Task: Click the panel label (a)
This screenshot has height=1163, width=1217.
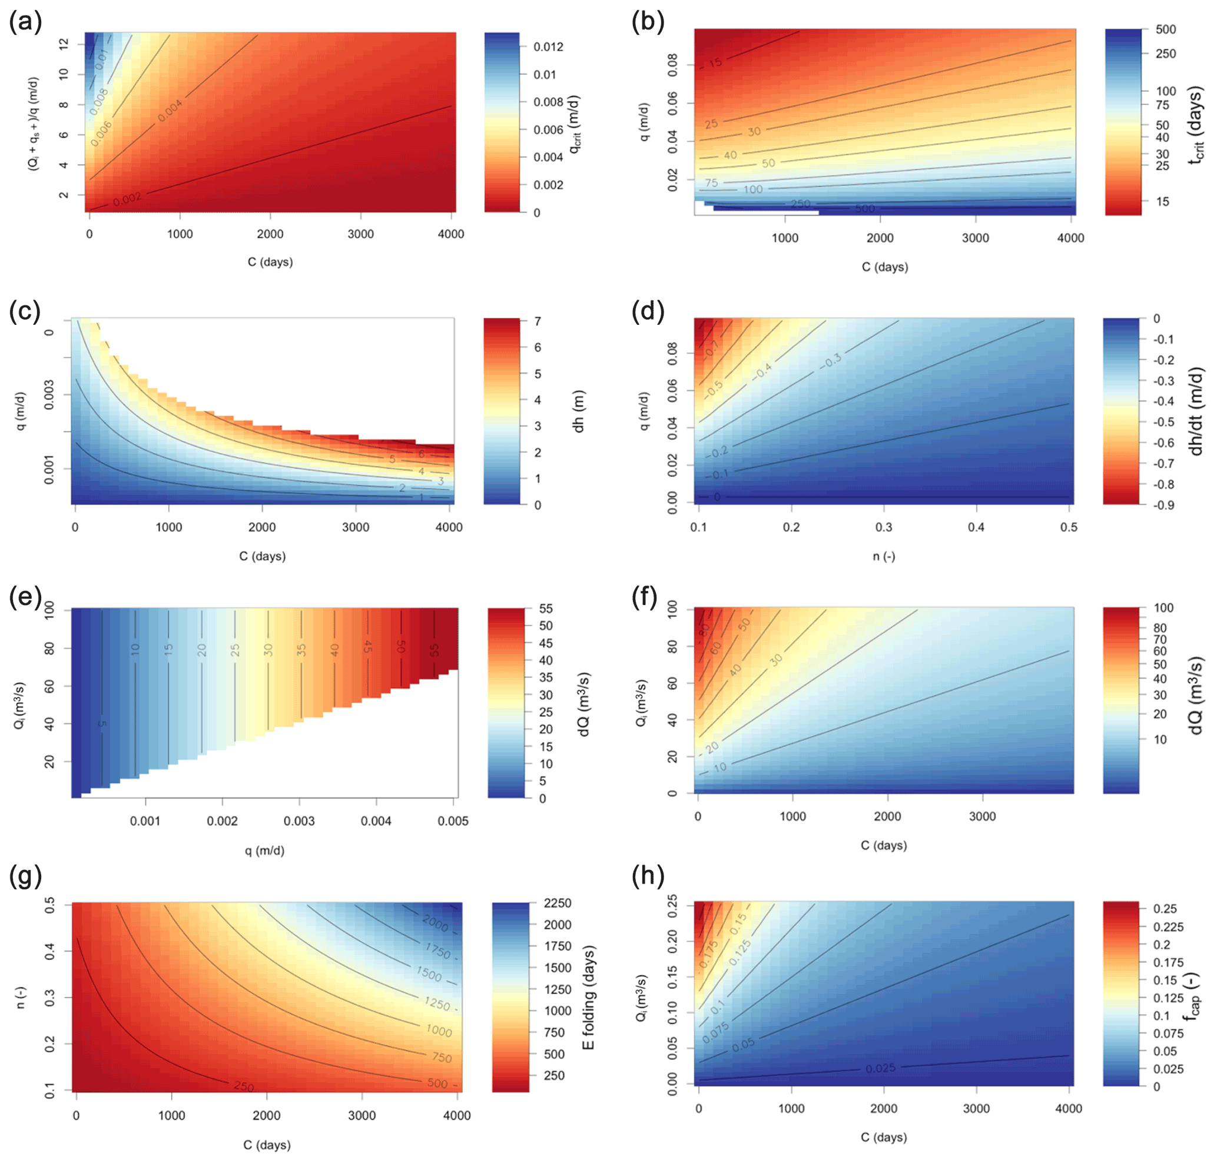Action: (x=25, y=22)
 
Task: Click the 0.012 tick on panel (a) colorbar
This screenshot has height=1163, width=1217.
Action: (x=548, y=47)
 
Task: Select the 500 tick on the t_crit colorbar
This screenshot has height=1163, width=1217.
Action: (x=1166, y=30)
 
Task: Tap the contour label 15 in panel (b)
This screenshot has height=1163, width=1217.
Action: (x=715, y=62)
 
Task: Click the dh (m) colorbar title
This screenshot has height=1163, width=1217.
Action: (x=578, y=411)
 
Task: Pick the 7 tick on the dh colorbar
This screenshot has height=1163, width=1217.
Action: (x=538, y=322)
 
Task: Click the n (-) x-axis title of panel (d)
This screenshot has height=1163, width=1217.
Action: (x=884, y=556)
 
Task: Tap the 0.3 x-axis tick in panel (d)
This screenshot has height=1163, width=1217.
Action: (x=884, y=527)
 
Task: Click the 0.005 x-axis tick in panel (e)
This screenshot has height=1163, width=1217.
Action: (x=453, y=822)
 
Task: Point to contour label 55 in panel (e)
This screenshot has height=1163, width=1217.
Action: (x=434, y=650)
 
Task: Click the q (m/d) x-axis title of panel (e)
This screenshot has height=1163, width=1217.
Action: (x=265, y=850)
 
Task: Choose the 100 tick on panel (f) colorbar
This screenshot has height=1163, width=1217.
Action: (x=1163, y=608)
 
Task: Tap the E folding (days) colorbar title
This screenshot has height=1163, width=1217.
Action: (x=589, y=998)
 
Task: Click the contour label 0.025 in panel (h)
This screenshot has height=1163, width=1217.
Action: (x=881, y=1068)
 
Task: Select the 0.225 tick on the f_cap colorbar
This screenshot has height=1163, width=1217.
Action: (x=1168, y=927)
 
